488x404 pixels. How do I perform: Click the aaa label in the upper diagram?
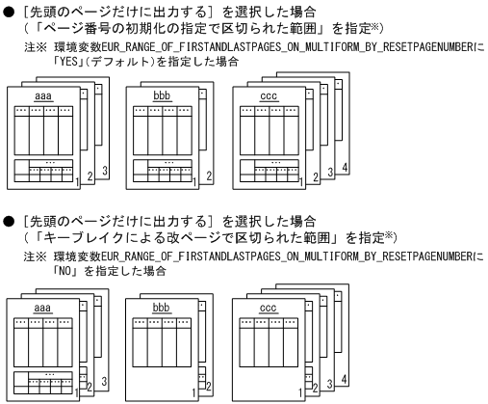coord(42,97)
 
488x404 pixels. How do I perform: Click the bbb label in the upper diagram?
coord(161,97)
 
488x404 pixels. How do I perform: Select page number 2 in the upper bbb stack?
coord(209,176)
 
